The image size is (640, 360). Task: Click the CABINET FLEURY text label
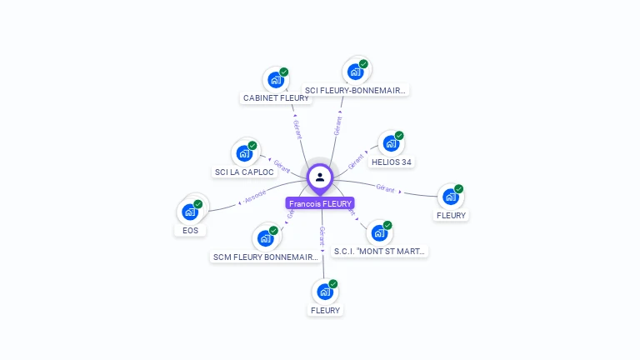pos(276,98)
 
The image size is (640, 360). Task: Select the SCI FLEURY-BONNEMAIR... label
pos(356,90)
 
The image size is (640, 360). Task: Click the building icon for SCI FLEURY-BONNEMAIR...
pos(354,72)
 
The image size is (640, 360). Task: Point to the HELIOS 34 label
pos(392,162)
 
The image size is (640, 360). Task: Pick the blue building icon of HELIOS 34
pos(390,144)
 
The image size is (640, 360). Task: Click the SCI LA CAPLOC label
pos(244,172)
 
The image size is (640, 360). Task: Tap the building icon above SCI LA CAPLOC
pos(243,154)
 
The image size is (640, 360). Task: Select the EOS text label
pos(191,230)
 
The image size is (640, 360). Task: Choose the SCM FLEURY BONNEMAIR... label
pos(266,257)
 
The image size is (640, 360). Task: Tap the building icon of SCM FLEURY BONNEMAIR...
pos(265,239)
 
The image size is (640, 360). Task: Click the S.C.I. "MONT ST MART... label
pos(380,251)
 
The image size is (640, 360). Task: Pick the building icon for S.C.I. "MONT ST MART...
pos(378,233)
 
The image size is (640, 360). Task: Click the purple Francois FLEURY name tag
pos(320,203)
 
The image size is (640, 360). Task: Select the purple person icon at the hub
pos(320,177)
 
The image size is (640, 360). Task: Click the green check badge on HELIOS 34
pos(399,136)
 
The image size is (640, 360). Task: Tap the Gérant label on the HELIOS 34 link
pos(357,158)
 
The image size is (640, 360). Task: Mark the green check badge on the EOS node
pos(198,204)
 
